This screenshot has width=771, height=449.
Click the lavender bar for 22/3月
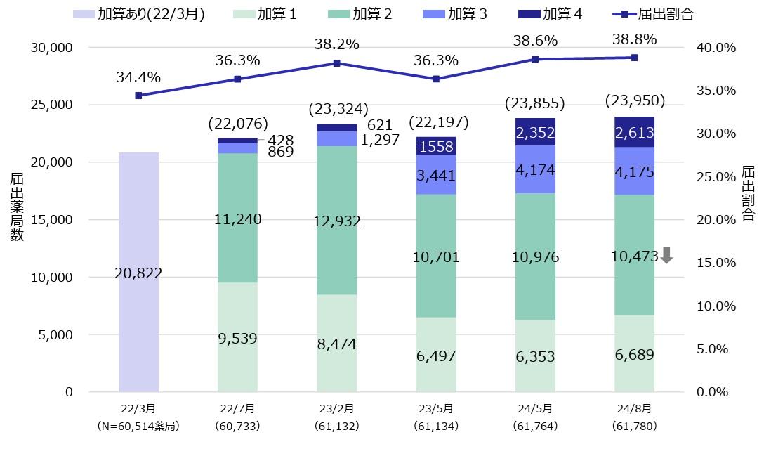pos(138,272)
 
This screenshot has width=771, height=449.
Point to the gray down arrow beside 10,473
pos(666,256)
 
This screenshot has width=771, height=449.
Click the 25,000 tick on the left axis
pos(53,105)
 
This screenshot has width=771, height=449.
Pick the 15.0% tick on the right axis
pos(715,262)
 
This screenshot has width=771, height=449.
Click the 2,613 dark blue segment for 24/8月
pos(634,132)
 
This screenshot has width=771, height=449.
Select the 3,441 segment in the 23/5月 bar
pos(436,174)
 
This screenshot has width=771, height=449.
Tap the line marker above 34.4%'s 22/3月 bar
pos(138,96)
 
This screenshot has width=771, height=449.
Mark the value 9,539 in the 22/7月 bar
pos(237,339)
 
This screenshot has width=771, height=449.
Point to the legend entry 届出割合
pos(656,13)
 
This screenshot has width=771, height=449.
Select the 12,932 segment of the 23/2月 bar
pos(337,221)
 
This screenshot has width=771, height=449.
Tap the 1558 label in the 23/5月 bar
pos(436,146)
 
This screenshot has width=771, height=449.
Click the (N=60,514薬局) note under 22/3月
pos(138,426)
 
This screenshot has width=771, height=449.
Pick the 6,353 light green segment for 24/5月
pos(535,356)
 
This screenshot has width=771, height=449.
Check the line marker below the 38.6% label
pos(535,59)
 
